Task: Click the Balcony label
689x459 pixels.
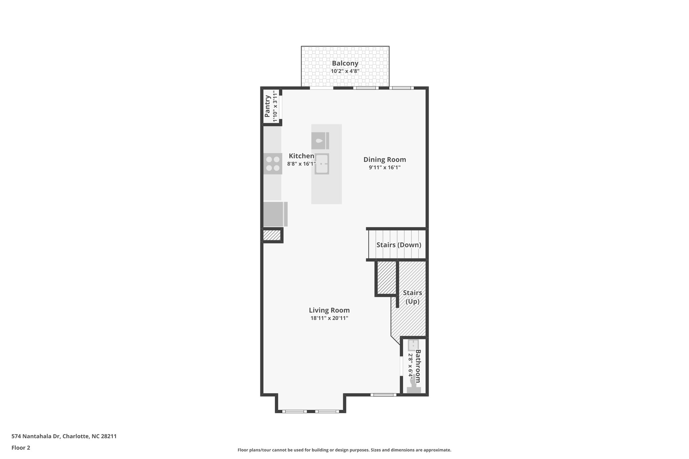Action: click(x=345, y=63)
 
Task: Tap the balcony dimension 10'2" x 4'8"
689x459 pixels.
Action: click(x=345, y=71)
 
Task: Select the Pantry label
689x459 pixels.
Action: click(x=267, y=106)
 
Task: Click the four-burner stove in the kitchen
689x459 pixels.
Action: click(x=273, y=163)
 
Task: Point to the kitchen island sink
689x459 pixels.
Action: click(x=322, y=164)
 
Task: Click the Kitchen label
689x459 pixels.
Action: click(x=301, y=156)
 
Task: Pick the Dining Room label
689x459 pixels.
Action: click(x=385, y=160)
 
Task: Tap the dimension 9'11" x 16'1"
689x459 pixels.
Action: click(x=385, y=167)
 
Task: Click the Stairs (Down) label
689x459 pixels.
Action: click(x=398, y=245)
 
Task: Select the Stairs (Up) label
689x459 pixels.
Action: click(x=412, y=297)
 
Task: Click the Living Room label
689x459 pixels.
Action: click(x=329, y=310)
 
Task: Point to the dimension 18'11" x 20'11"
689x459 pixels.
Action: click(x=329, y=318)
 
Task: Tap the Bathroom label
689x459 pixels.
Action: click(x=418, y=366)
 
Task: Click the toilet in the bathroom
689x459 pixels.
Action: click(x=413, y=387)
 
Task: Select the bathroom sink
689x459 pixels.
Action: click(x=413, y=345)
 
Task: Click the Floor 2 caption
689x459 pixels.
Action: click(x=21, y=448)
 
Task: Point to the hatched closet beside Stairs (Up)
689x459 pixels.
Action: click(x=386, y=278)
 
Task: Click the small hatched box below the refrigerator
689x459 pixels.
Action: click(x=271, y=235)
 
